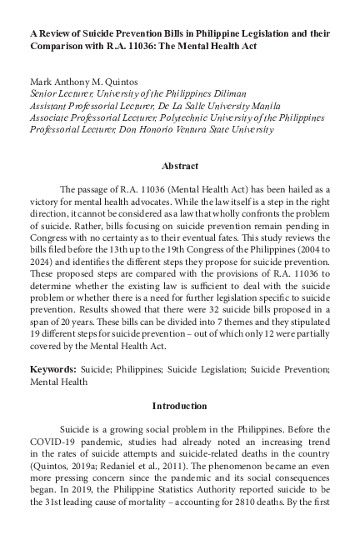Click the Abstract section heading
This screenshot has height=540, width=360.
[179, 166]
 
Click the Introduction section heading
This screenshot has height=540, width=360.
[179, 406]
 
